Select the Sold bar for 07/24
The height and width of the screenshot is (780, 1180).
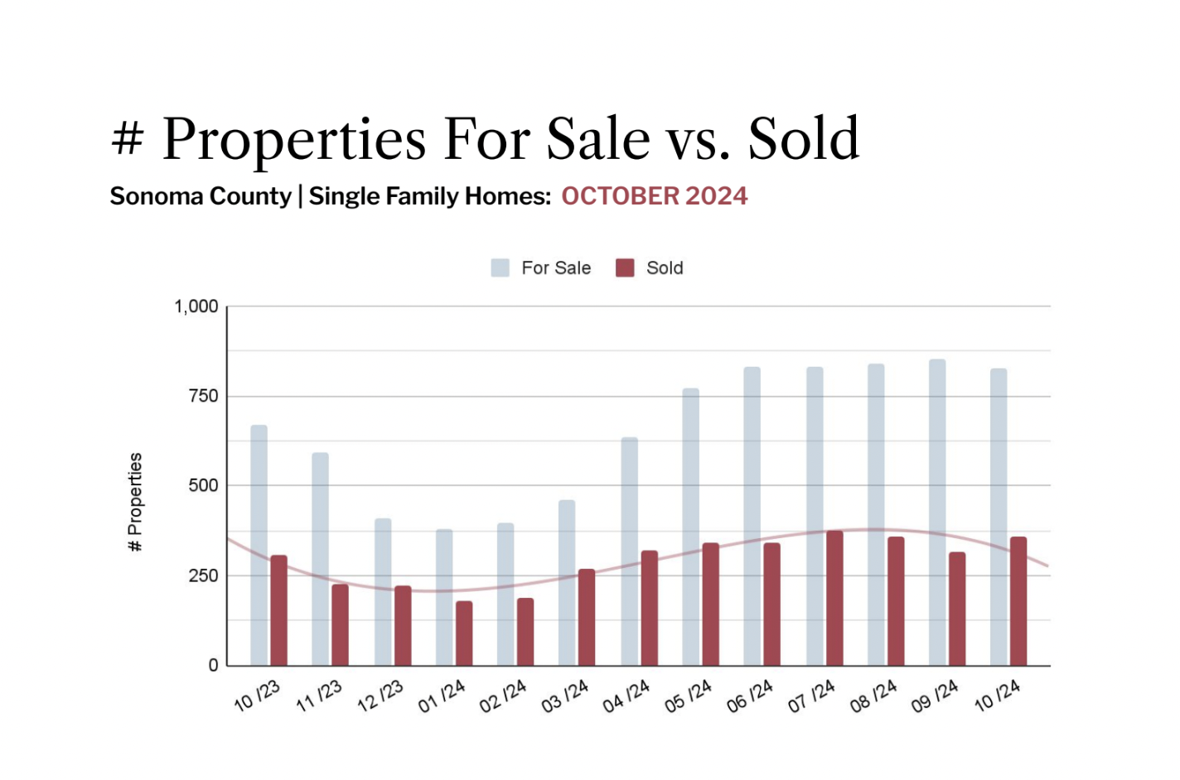834,598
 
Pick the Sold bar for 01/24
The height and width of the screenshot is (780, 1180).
464,633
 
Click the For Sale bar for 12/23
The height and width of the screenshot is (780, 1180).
383,591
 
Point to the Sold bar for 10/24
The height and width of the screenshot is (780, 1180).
1018,601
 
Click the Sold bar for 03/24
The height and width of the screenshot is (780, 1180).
587,617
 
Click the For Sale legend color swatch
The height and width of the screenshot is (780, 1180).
500,267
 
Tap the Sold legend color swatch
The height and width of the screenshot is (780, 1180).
625,267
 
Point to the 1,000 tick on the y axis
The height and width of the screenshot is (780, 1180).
196,306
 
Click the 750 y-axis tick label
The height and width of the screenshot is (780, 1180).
203,396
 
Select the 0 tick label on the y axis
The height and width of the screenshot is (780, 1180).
213,665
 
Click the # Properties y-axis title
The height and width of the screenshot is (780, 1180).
135,502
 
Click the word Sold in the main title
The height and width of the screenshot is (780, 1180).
804,138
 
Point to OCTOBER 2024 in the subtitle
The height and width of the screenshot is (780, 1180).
654,196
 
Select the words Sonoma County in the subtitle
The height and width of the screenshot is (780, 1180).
201,196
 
